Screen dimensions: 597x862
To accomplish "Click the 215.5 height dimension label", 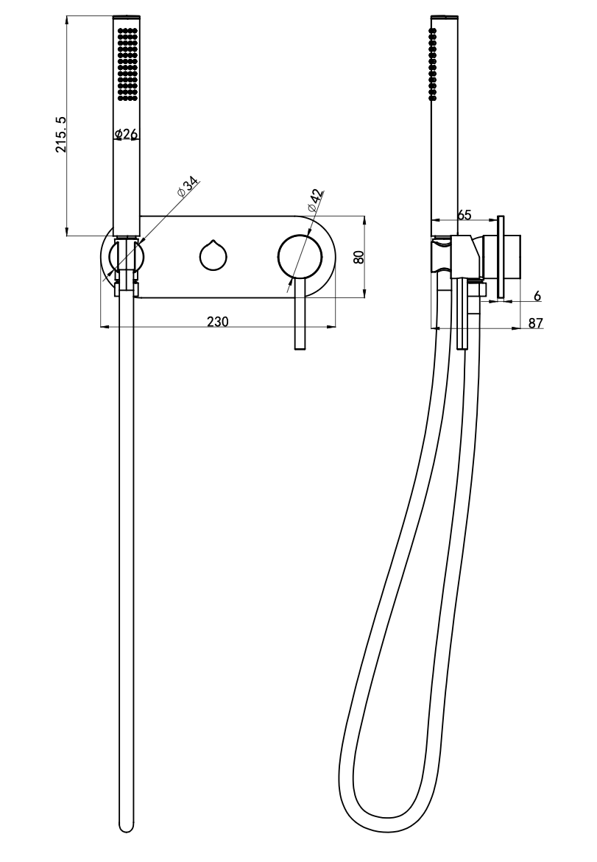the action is [x=61, y=134].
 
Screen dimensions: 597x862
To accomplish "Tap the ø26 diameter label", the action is [x=126, y=133].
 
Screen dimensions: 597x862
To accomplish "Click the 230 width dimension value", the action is [x=218, y=321].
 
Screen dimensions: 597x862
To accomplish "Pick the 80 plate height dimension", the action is [x=358, y=257].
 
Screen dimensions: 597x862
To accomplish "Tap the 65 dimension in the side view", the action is [x=464, y=214].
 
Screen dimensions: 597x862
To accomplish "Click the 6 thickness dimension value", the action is [x=537, y=296].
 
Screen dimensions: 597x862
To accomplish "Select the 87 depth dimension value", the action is [x=535, y=323].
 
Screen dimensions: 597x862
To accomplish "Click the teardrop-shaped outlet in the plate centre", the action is [x=212, y=255].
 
